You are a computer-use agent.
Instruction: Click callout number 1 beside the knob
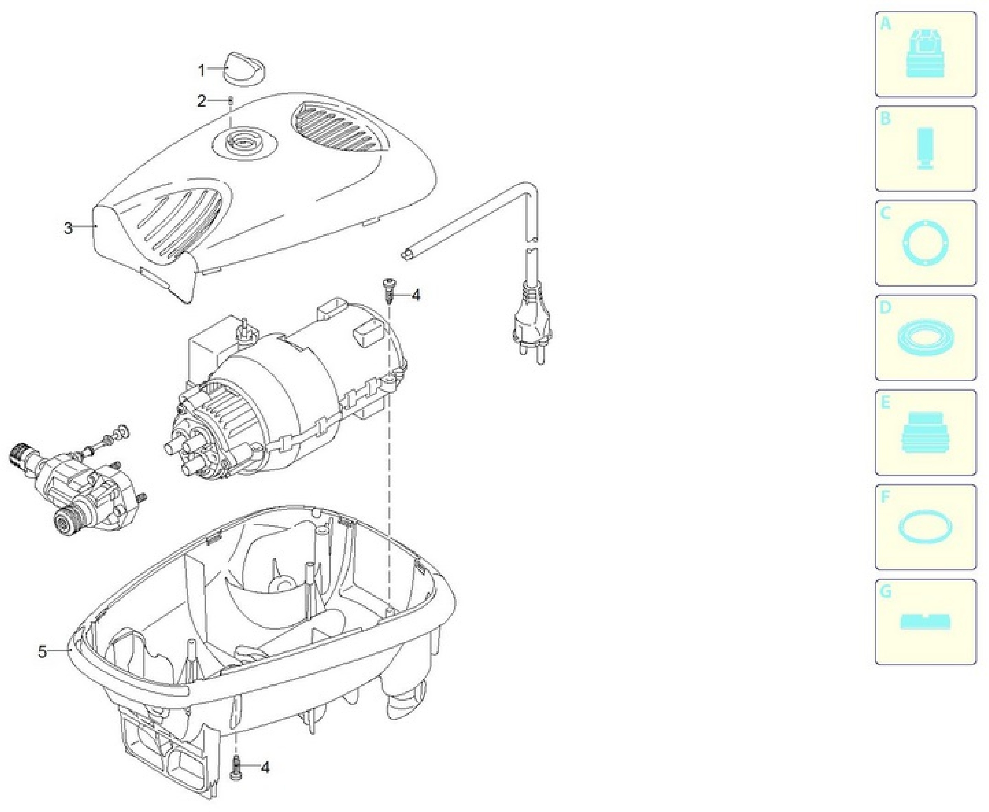201,71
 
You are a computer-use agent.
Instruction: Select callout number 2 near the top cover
201,101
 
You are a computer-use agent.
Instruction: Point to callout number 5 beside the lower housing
42,652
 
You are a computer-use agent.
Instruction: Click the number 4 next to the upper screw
416,296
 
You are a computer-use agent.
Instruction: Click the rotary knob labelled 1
244,69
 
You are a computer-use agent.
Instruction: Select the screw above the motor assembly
388,290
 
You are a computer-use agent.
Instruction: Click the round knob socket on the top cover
244,141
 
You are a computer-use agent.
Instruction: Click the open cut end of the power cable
406,255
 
